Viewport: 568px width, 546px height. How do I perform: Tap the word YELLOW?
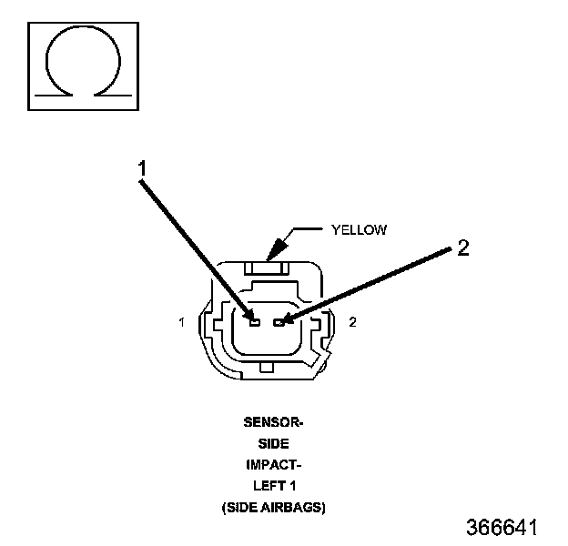click(x=359, y=230)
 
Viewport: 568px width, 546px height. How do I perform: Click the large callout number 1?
click(x=142, y=168)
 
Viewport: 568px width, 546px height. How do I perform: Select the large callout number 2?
click(x=463, y=248)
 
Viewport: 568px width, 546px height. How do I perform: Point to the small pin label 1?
click(x=182, y=322)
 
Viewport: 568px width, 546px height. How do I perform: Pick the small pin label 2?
click(x=352, y=322)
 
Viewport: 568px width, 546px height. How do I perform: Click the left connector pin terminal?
click(x=255, y=322)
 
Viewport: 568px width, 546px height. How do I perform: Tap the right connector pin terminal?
click(x=279, y=322)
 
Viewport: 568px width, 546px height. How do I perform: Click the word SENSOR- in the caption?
click(x=273, y=422)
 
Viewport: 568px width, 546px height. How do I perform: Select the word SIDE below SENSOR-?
click(x=273, y=443)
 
